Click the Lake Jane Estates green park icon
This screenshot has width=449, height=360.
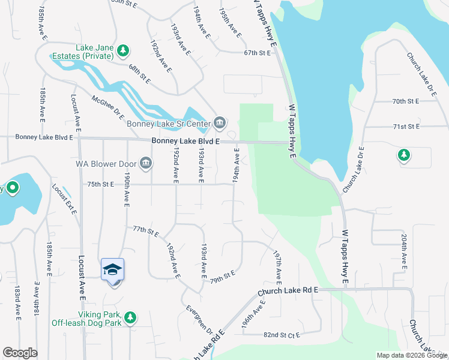coord(123,49)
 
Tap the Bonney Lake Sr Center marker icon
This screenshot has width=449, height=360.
coord(219,124)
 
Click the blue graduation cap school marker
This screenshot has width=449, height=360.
coord(112,271)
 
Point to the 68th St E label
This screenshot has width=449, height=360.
coord(139,76)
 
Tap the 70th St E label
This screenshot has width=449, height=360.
coord(405,101)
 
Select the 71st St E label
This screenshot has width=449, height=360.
coord(405,127)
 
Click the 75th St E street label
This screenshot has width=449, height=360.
coord(100,184)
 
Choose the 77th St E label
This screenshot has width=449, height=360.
coord(145,230)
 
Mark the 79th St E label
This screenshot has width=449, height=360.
coord(222,277)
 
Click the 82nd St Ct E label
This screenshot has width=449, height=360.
coord(281,335)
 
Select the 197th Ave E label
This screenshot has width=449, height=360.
coord(279,267)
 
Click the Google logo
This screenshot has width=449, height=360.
coord(20,353)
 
